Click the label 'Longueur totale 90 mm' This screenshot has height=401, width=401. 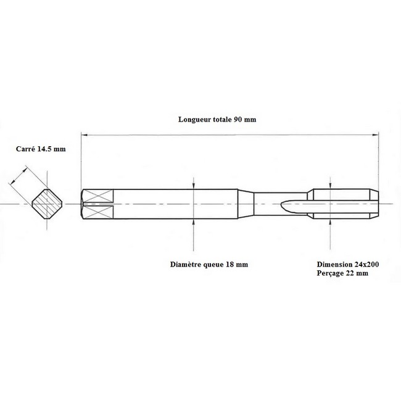(x=217, y=120)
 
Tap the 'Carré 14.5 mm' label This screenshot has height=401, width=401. (x=41, y=149)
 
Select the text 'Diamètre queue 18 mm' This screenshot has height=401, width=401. (x=209, y=265)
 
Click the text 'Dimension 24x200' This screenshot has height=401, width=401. (x=348, y=265)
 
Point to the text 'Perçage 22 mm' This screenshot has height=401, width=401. (x=342, y=273)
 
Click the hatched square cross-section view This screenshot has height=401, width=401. (x=47, y=204)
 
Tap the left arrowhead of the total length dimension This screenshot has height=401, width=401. (x=84, y=134)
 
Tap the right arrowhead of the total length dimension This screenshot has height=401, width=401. (x=376, y=134)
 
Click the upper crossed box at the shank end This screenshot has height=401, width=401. (x=98, y=196)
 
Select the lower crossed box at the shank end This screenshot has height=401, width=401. (x=98, y=212)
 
